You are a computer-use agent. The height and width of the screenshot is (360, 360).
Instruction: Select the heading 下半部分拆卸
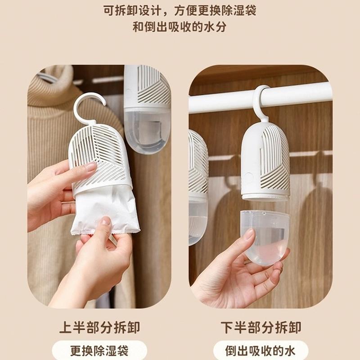click(261, 327)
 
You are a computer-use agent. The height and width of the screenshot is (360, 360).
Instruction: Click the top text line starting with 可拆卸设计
click(180, 10)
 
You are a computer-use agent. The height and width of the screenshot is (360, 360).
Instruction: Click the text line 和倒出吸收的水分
click(180, 27)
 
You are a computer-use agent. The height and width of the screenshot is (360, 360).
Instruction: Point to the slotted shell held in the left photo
click(101, 153)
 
